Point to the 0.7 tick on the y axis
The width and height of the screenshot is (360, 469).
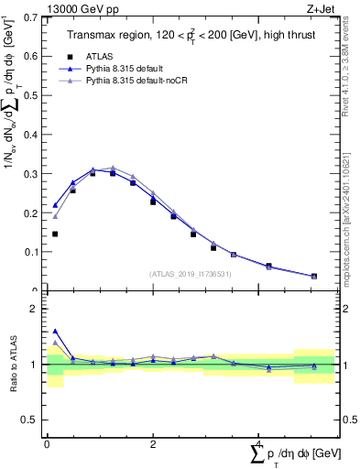click(29, 17)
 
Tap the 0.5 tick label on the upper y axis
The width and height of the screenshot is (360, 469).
click(29, 95)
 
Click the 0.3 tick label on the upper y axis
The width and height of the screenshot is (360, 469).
click(29, 173)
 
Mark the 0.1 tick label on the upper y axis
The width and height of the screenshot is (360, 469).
click(29, 251)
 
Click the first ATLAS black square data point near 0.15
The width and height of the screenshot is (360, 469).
click(55, 234)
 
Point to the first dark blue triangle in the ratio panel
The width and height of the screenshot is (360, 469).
click(55, 332)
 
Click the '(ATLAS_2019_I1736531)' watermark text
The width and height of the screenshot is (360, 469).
click(191, 273)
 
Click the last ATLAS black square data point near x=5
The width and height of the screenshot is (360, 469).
click(314, 276)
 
